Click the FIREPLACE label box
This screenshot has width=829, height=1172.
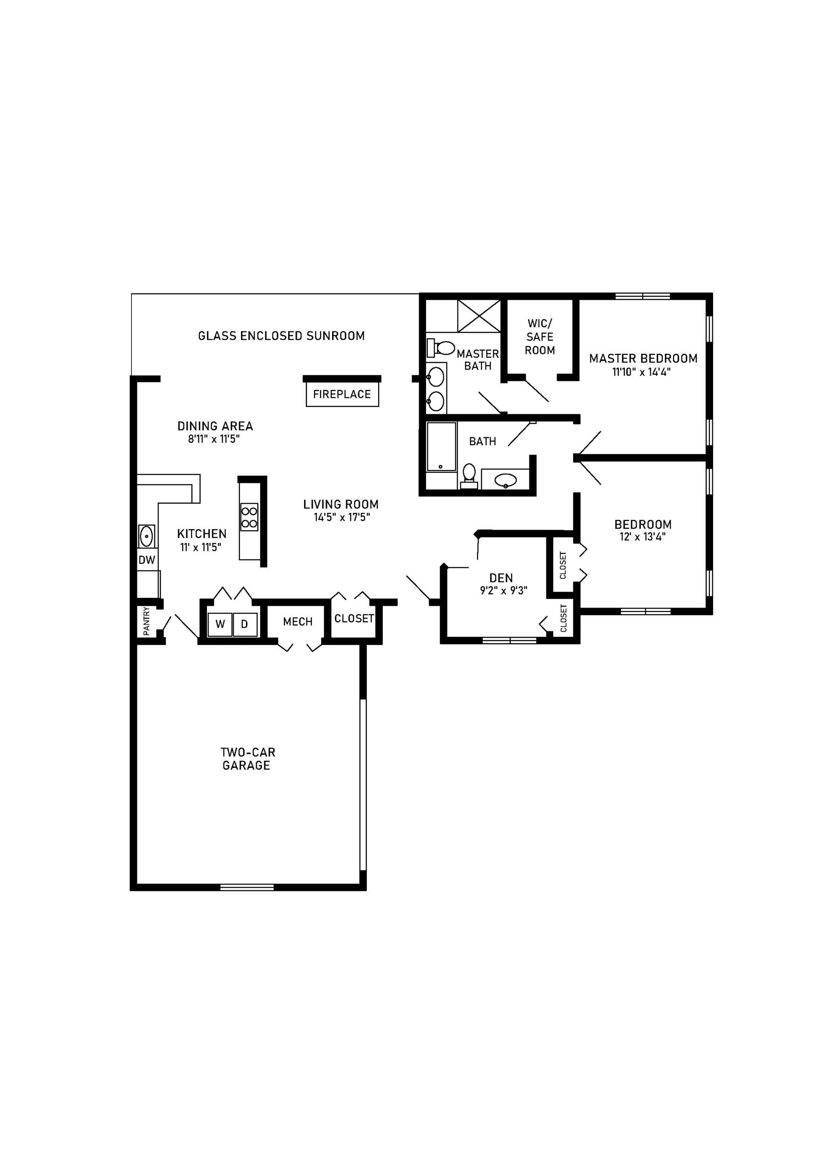point(342,395)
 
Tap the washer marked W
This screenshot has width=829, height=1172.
point(220,624)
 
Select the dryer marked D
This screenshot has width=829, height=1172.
point(245,624)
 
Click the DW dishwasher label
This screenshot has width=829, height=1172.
point(147,560)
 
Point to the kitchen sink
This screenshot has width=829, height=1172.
point(147,536)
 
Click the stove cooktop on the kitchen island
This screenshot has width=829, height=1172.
point(249,516)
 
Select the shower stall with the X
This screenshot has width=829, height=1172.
point(479,316)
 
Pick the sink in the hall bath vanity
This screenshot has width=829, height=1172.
point(505,480)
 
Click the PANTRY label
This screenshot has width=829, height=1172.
point(147,621)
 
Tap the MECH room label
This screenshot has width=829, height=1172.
point(298,622)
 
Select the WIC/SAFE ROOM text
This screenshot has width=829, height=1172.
point(540,337)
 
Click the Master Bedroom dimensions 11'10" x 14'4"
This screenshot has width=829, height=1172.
point(641,372)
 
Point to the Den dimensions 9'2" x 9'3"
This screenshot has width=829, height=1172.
point(503,591)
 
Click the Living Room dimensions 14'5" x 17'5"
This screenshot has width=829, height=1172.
point(341,517)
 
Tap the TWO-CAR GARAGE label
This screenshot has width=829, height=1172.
point(247,759)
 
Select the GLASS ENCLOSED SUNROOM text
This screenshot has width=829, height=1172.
point(281,336)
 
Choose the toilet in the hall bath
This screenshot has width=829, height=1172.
point(469,474)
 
